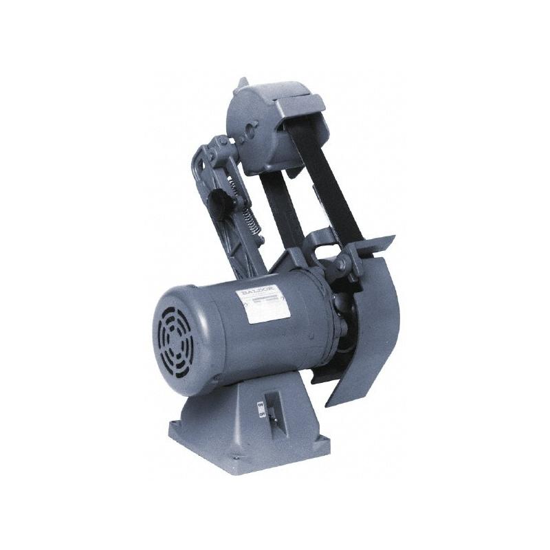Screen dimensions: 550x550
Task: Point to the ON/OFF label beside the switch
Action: click(261, 410)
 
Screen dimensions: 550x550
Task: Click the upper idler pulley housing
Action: click(265, 127)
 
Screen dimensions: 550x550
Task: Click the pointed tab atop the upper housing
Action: click(240, 84)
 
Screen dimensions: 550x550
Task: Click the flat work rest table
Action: click(364, 244)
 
